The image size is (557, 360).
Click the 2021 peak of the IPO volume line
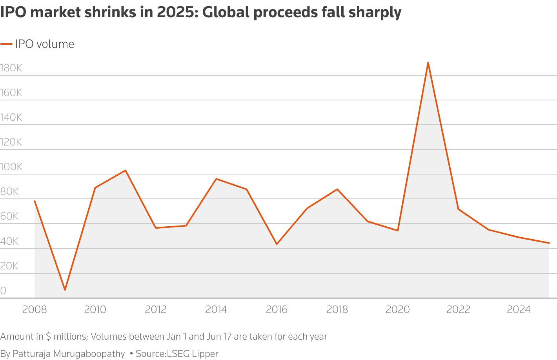(x=428, y=62)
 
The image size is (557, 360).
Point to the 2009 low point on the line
(x=65, y=290)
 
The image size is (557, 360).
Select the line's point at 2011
(x=126, y=170)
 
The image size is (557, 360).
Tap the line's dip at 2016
(x=277, y=244)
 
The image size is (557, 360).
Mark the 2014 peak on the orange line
(x=216, y=179)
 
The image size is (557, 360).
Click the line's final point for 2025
(x=549, y=243)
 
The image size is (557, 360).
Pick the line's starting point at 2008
(x=35, y=201)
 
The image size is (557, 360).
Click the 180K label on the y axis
(x=11, y=68)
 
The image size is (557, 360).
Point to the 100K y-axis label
(x=11, y=167)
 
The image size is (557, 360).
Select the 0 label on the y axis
(x=4, y=291)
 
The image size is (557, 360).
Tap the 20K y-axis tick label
(x=9, y=266)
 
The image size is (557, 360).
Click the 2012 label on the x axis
(x=156, y=309)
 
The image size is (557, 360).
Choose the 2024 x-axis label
(x=519, y=309)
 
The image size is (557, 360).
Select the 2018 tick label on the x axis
(x=337, y=309)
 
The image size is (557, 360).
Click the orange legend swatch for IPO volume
(x=6, y=44)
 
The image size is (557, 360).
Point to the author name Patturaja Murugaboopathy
(x=69, y=353)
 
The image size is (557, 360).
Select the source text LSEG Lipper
(x=193, y=353)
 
